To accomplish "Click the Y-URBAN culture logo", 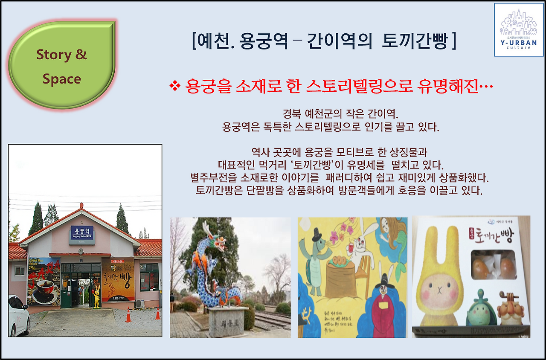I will pos(518,29).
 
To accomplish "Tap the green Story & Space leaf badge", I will pos(62,65).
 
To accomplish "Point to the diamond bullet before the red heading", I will pos(175,87).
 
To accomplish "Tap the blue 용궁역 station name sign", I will pos(81,233).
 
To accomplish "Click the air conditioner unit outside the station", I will pos(139,303).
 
